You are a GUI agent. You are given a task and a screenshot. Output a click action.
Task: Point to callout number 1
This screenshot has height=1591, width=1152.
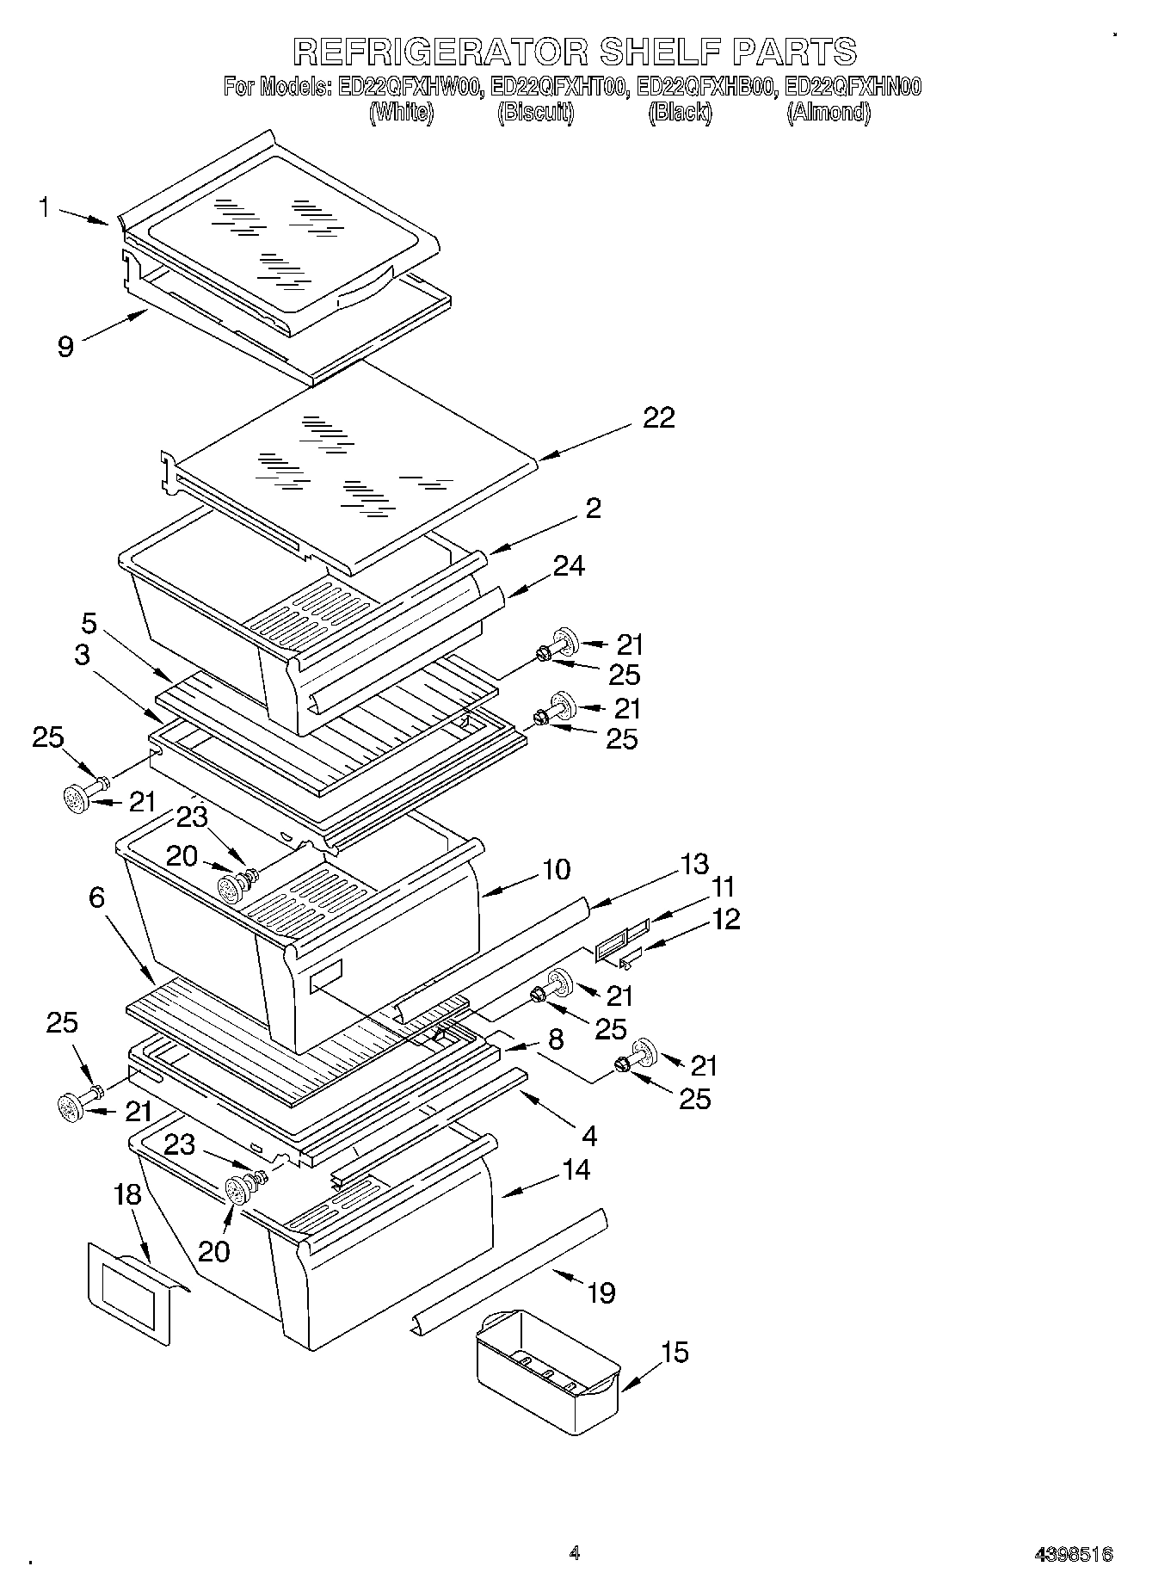click(44, 207)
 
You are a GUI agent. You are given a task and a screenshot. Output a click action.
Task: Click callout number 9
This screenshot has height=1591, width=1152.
click(65, 346)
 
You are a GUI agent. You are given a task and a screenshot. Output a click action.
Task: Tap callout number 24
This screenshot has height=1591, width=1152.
click(569, 566)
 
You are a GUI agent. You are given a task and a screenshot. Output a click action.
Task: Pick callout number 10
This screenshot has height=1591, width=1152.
click(556, 869)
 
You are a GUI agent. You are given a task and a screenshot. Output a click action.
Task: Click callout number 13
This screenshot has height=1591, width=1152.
click(694, 863)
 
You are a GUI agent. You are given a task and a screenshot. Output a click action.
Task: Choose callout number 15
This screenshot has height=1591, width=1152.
click(675, 1353)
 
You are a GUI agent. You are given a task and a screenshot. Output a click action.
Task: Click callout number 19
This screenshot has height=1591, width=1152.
click(601, 1292)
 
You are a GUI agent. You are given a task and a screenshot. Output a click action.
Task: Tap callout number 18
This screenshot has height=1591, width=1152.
click(126, 1195)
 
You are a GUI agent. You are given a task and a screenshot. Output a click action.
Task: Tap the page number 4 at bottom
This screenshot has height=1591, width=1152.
click(575, 1553)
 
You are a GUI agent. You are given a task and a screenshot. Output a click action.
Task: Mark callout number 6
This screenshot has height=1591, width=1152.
click(96, 897)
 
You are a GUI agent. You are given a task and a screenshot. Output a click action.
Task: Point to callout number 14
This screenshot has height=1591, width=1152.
click(576, 1170)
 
